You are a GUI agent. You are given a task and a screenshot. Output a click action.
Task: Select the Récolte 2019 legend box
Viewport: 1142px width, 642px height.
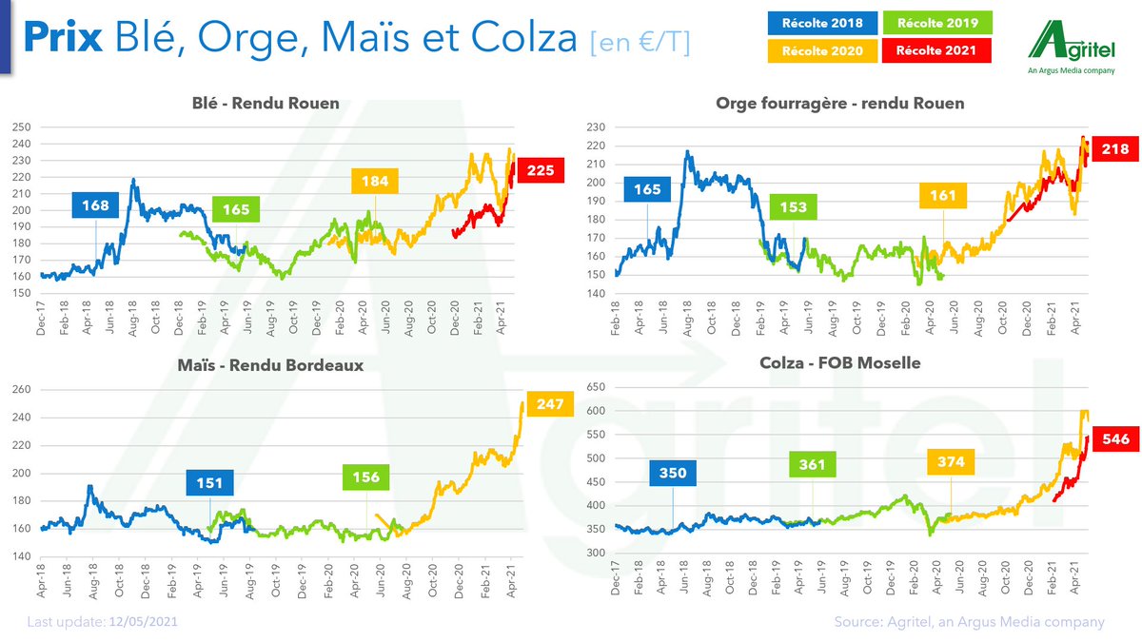pyautogui.click(x=937, y=22)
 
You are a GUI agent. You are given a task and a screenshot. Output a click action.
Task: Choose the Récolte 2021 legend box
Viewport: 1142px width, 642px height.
pyautogui.click(x=937, y=50)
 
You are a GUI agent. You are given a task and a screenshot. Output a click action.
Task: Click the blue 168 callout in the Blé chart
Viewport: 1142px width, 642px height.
pyautogui.click(x=96, y=204)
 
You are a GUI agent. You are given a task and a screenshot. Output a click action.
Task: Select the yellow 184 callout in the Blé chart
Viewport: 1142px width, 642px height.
pyautogui.click(x=375, y=181)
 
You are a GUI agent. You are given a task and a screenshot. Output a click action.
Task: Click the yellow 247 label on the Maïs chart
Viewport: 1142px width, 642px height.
pyautogui.click(x=549, y=404)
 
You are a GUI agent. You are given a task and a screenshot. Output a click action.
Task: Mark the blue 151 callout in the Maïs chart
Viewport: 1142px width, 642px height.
pyautogui.click(x=209, y=483)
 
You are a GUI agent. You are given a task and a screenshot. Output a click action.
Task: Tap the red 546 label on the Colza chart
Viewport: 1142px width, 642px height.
pyautogui.click(x=1114, y=439)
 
